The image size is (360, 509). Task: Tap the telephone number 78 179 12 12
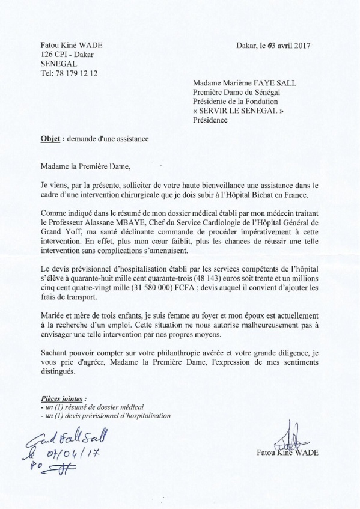(x=74, y=73)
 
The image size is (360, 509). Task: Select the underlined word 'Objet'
(x=52, y=138)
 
